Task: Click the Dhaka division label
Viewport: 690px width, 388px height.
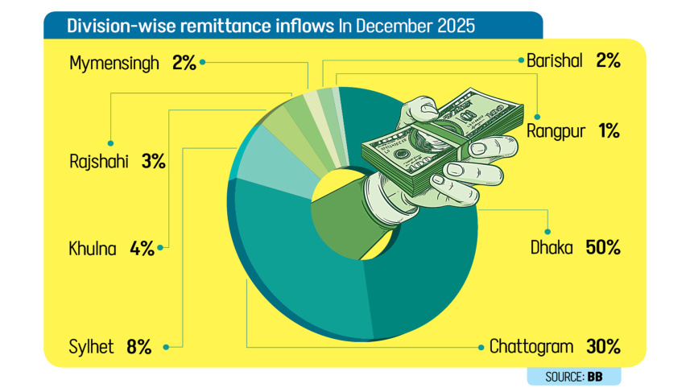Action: [x=551, y=248]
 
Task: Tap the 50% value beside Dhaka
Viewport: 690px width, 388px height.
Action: [x=603, y=248]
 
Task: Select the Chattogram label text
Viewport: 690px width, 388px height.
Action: [x=531, y=348]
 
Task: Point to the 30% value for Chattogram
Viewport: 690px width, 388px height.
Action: [x=603, y=348]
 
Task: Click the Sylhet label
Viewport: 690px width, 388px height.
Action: [x=93, y=348]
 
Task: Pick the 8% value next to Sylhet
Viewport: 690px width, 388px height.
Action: [x=138, y=348]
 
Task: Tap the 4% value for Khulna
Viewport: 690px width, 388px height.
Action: [x=142, y=249]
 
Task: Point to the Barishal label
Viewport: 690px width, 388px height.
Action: [x=553, y=61]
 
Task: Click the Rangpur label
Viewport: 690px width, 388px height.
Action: [x=555, y=131]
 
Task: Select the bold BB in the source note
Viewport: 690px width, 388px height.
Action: [x=595, y=376]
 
